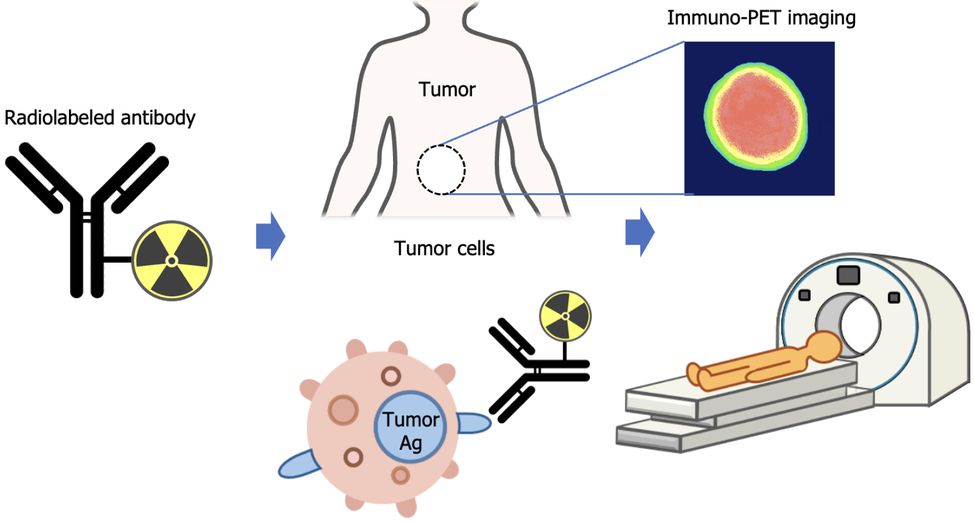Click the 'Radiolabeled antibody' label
(100, 118)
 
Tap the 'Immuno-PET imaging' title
(761, 18)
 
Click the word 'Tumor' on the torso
(447, 89)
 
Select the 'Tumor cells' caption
(444, 248)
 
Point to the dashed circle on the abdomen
(441, 170)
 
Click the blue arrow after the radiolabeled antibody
(271, 236)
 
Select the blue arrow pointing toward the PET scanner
(640, 232)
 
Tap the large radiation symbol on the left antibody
(172, 260)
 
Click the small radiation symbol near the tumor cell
(565, 316)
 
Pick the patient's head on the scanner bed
(824, 346)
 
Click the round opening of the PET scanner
(859, 325)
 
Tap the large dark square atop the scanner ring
(848, 275)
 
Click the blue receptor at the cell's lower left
(299, 465)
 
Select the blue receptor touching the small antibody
(473, 423)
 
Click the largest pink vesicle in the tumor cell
(343, 410)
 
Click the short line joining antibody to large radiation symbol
(117, 259)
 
